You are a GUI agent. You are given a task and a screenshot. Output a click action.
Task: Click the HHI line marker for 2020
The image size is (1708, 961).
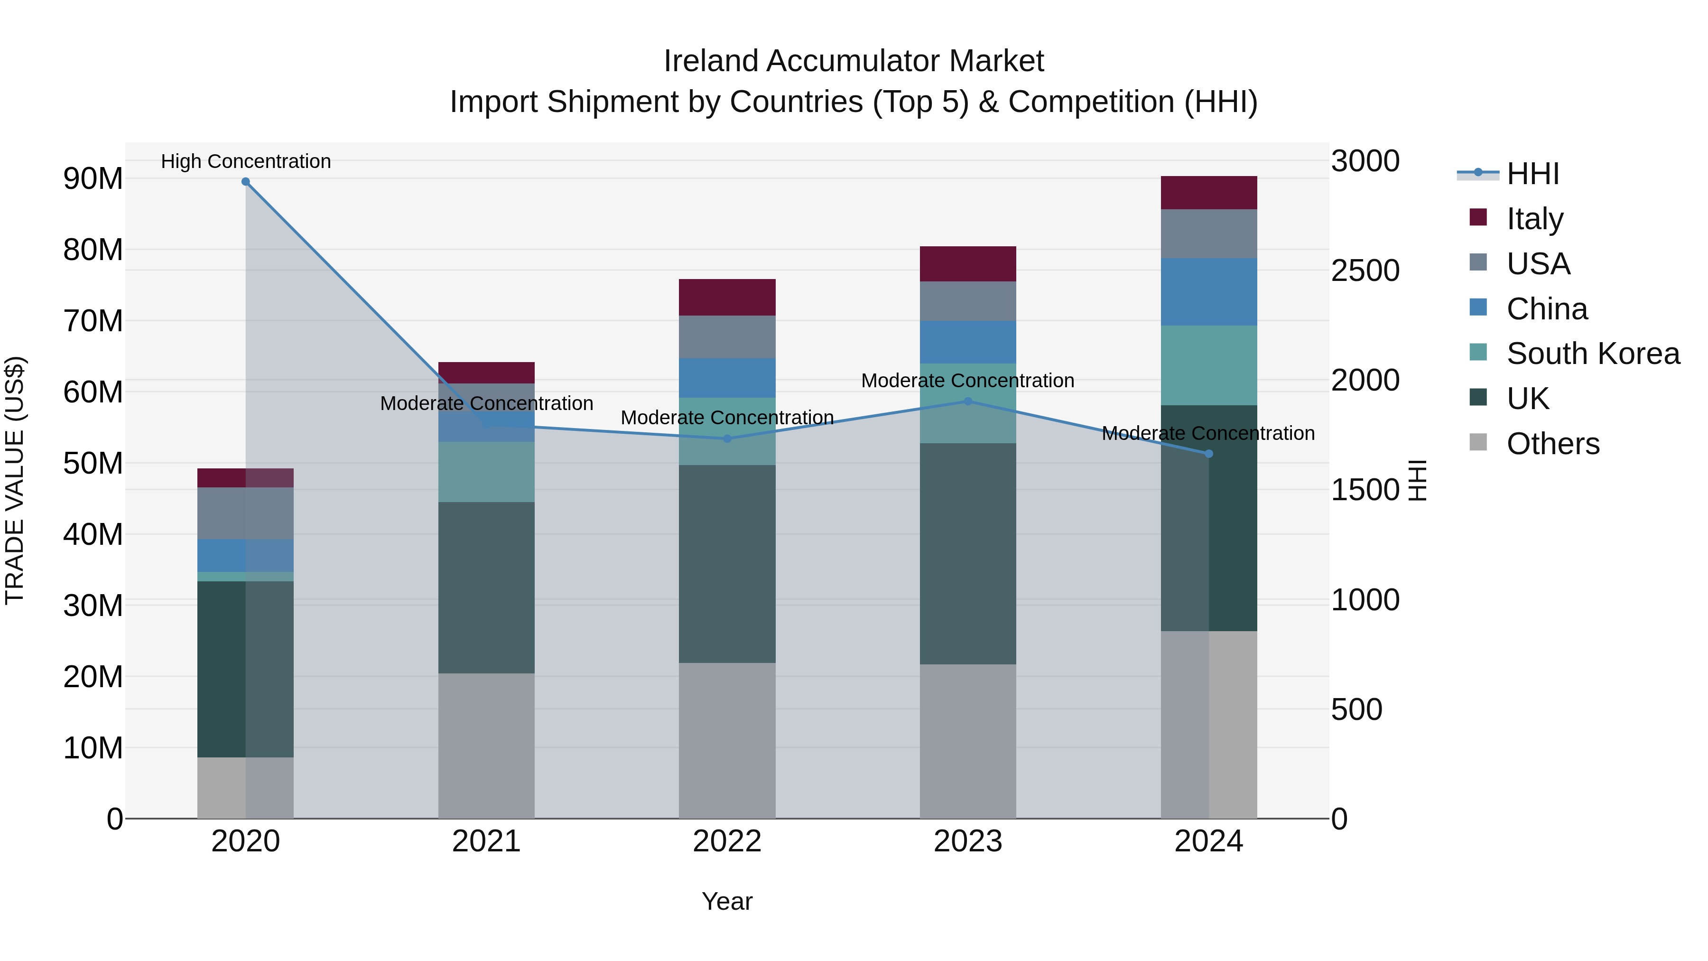[245, 182]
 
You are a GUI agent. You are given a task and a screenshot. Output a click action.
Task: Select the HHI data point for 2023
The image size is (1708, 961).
[967, 401]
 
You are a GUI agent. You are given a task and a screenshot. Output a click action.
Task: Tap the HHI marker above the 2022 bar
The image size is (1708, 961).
[727, 439]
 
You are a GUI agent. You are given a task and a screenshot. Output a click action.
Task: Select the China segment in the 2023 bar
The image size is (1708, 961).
[967, 342]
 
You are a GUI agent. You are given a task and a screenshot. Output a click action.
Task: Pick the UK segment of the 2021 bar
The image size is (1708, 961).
[486, 587]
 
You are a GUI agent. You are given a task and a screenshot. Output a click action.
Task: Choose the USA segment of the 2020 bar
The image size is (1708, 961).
[245, 513]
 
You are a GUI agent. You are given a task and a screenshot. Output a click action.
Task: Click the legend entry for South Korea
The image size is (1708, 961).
[1593, 354]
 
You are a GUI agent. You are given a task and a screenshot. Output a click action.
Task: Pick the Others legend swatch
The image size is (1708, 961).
[1478, 442]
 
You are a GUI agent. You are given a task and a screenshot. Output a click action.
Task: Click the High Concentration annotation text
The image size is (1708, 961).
[245, 161]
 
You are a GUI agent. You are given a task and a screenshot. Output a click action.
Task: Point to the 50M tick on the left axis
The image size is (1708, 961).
[93, 463]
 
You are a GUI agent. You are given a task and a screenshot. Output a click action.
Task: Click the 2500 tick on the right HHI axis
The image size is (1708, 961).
[1365, 271]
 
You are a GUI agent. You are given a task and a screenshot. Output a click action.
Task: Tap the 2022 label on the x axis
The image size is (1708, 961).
[727, 841]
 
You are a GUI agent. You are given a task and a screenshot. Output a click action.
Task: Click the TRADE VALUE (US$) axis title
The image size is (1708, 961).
[15, 480]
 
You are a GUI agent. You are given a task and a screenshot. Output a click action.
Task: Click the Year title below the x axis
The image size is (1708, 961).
[727, 901]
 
